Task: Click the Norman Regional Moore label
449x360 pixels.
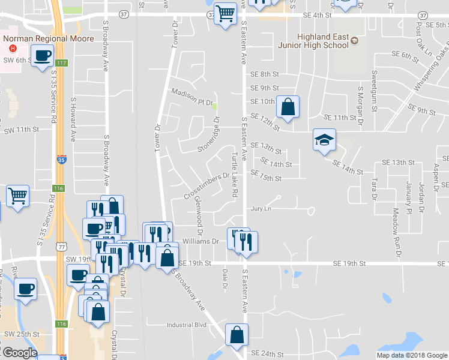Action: [x=49, y=38]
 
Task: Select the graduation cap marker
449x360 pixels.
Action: [x=324, y=141]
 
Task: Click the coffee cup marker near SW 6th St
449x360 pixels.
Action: [x=42, y=57]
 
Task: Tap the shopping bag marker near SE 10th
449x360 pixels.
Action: [x=288, y=107]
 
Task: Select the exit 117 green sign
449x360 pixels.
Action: [x=60, y=62]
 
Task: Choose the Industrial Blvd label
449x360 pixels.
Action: [x=187, y=325]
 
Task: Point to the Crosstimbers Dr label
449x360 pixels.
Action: [x=207, y=186]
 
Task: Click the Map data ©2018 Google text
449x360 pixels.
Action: [x=412, y=355]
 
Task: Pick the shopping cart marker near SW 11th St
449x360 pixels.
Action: [x=18, y=195]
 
